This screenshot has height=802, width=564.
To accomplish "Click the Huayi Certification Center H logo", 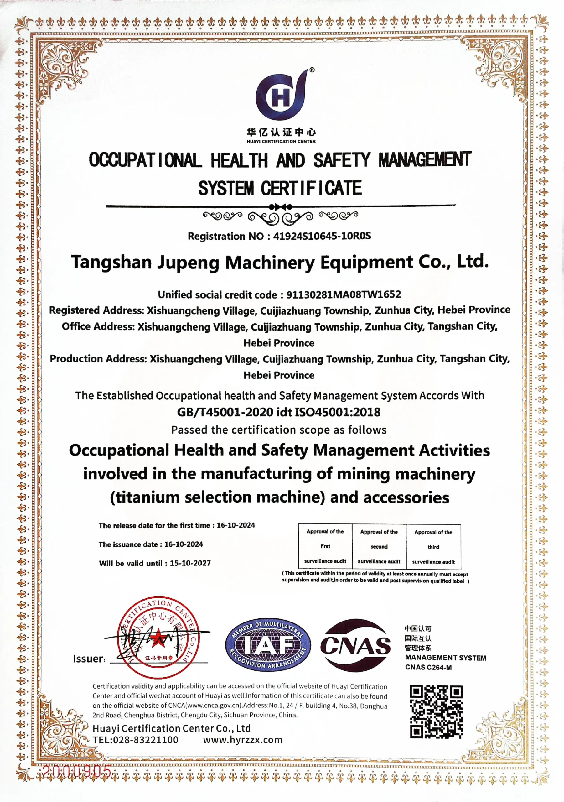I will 281,95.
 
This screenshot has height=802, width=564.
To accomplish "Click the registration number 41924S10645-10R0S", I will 322,236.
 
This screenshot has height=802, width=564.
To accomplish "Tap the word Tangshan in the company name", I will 111,262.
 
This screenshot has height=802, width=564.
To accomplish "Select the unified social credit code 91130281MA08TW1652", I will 343,294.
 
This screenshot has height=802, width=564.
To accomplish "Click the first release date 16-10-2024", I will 236,525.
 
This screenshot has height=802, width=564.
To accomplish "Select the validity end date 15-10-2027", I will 190,563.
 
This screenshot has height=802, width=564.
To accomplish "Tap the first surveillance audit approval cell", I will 325,546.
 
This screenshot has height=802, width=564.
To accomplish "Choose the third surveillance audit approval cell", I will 433,547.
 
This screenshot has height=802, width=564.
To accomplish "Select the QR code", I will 437,712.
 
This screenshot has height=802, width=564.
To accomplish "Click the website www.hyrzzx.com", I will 243,740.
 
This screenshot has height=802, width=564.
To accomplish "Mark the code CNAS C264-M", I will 428,668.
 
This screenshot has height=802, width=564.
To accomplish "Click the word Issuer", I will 89,659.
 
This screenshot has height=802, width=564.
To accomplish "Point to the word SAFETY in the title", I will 341,160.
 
